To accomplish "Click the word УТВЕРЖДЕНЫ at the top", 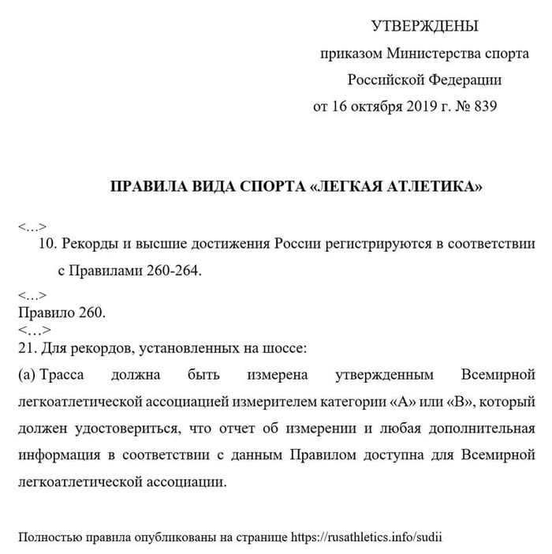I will [425, 28].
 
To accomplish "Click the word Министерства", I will [425, 54].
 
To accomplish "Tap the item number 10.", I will [46, 244].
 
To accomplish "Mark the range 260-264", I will [174, 270].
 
